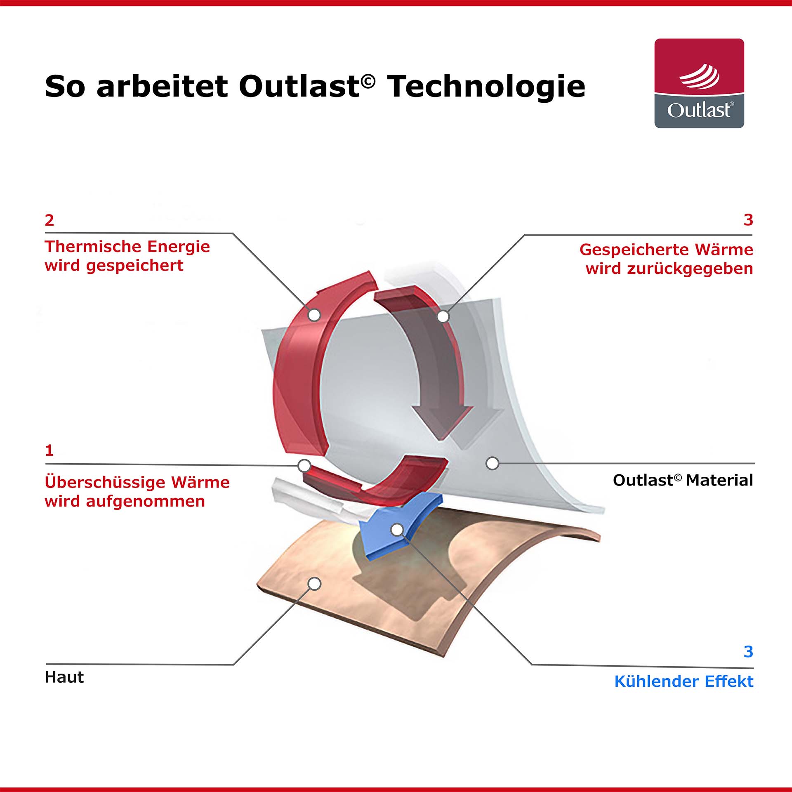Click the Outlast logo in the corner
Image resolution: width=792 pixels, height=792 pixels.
click(699, 83)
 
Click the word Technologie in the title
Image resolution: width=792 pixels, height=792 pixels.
click(486, 87)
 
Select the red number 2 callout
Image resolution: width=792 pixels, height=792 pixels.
click(49, 220)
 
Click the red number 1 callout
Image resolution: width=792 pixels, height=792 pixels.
click(49, 450)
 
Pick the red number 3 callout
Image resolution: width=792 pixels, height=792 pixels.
click(748, 220)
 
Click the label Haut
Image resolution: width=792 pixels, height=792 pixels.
click(64, 677)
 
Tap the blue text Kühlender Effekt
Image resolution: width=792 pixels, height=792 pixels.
click(684, 681)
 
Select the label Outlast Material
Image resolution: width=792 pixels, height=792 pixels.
click(683, 480)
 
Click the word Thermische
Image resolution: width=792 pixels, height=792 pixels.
click(93, 246)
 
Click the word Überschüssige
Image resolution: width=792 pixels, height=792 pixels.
click(104, 482)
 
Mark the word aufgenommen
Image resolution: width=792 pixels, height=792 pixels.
click(146, 502)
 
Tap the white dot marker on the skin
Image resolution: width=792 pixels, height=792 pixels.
click(314, 584)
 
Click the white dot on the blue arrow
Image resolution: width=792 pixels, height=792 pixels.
click(397, 530)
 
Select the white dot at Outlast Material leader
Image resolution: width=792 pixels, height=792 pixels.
click(492, 463)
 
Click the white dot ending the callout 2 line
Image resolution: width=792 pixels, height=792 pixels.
click(314, 315)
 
